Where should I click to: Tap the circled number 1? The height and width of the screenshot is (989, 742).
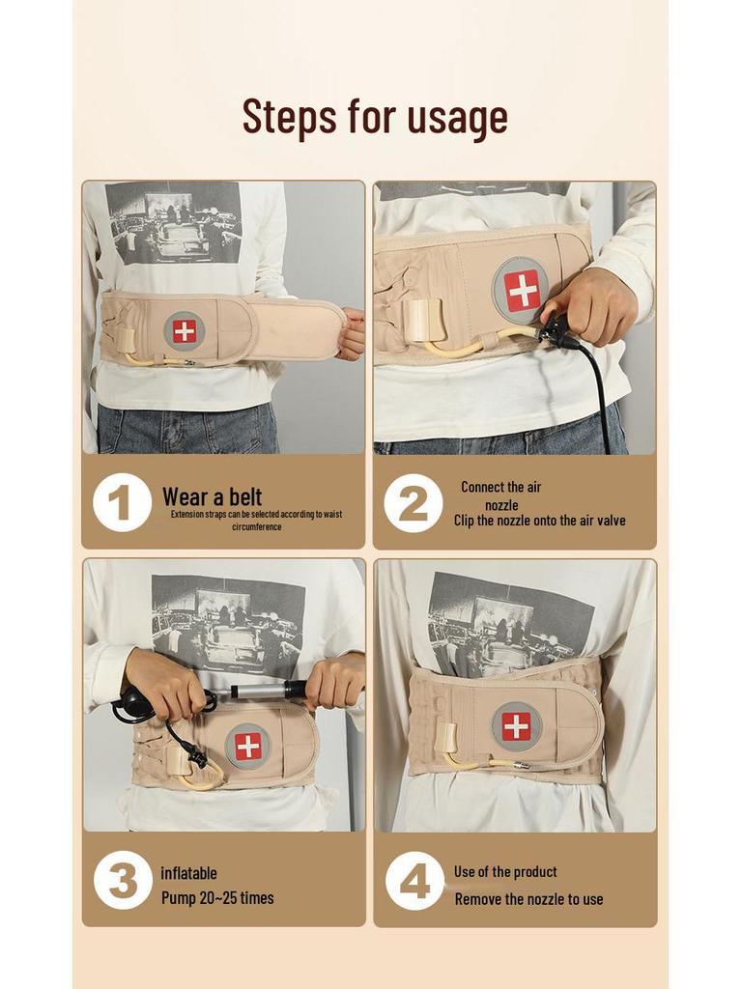[x=122, y=502]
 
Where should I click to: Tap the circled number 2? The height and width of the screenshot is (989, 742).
[x=413, y=503]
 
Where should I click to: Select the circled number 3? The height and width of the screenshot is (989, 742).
[x=123, y=880]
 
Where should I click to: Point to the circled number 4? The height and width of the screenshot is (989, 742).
[x=414, y=880]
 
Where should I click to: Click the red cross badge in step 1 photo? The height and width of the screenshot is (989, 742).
[x=184, y=330]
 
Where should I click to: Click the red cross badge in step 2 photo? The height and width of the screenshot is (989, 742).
[x=522, y=291]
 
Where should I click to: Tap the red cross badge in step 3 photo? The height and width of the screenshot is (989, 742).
[x=248, y=746]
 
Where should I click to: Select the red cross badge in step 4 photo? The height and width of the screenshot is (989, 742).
[x=516, y=726]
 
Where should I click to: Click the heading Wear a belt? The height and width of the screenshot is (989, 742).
[x=212, y=497]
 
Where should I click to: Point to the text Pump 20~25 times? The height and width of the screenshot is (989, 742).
[x=217, y=898]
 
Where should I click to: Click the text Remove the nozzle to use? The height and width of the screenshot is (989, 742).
[x=528, y=899]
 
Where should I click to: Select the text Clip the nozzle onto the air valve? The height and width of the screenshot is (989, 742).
[x=539, y=521]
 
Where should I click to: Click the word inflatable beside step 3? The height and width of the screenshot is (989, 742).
[x=188, y=873]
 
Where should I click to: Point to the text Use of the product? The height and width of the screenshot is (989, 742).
[x=505, y=871]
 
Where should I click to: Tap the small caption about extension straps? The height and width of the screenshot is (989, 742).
[x=256, y=521]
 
